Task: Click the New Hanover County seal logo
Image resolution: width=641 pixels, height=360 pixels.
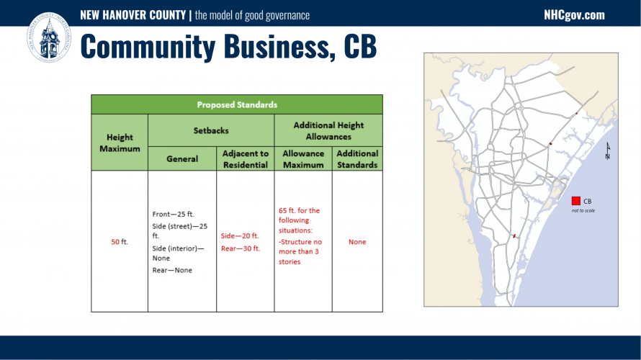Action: [49, 37]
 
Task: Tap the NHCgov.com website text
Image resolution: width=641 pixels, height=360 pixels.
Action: [574, 15]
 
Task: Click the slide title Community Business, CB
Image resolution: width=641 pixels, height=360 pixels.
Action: [228, 46]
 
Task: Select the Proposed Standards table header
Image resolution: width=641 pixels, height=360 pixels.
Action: [237, 104]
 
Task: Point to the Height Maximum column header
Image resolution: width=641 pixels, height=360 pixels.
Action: [120, 143]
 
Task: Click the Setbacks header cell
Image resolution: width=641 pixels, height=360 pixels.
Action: [211, 131]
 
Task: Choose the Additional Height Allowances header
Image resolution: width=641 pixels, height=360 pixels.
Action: [328, 131]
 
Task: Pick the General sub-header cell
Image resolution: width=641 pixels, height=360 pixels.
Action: [182, 158]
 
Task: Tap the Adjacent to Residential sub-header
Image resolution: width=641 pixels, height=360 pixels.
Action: [246, 159]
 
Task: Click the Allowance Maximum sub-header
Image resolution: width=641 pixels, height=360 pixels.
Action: [303, 159]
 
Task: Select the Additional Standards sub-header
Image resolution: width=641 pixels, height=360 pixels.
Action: [357, 159]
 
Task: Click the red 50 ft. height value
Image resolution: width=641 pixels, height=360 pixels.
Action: [120, 242]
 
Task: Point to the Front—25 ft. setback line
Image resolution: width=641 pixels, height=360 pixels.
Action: [174, 214]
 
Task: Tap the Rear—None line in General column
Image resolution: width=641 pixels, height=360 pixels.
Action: [172, 270]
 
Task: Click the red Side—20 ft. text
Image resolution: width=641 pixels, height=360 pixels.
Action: [240, 235]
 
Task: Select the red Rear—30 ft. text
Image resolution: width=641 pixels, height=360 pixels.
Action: [241, 248]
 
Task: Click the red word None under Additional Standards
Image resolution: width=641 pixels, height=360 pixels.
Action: [357, 242]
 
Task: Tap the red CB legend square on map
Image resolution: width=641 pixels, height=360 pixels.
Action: [576, 201]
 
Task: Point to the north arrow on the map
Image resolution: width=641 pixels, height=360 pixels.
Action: [608, 150]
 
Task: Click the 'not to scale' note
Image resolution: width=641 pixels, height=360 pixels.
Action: [583, 210]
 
